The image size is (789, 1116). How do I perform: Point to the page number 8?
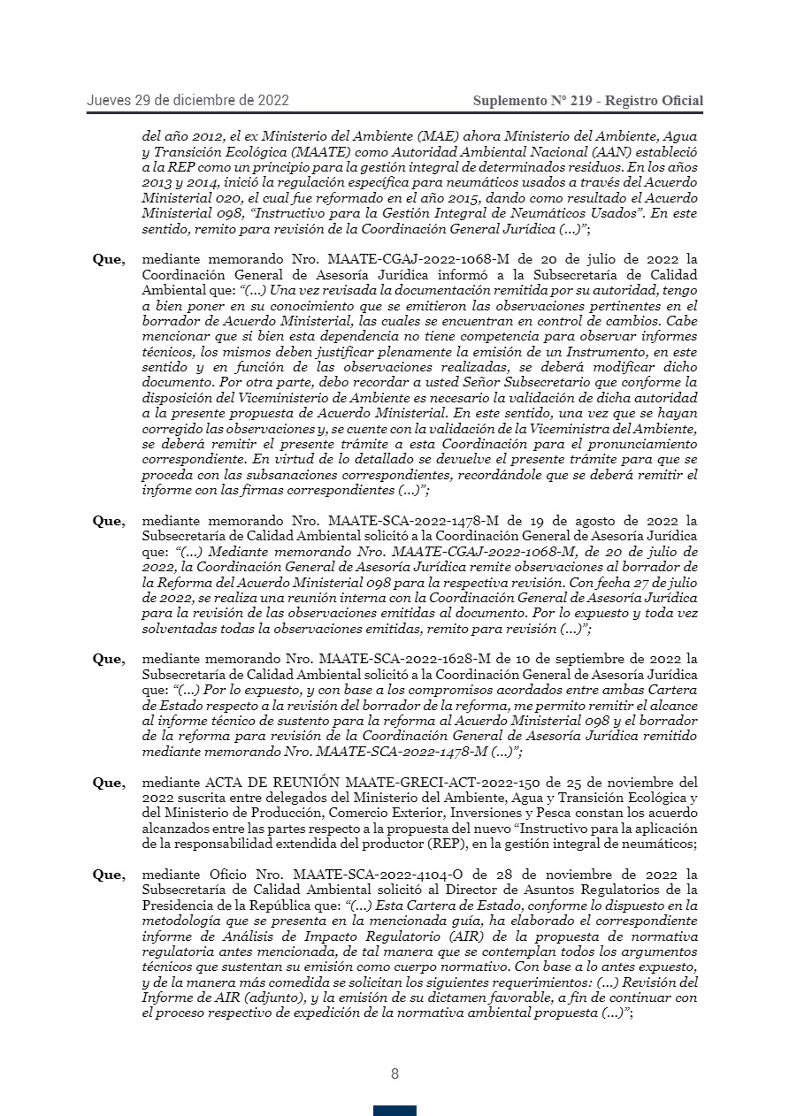click(394, 1074)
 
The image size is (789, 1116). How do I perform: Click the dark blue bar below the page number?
click(394, 1111)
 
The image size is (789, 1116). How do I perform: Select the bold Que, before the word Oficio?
click(109, 875)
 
